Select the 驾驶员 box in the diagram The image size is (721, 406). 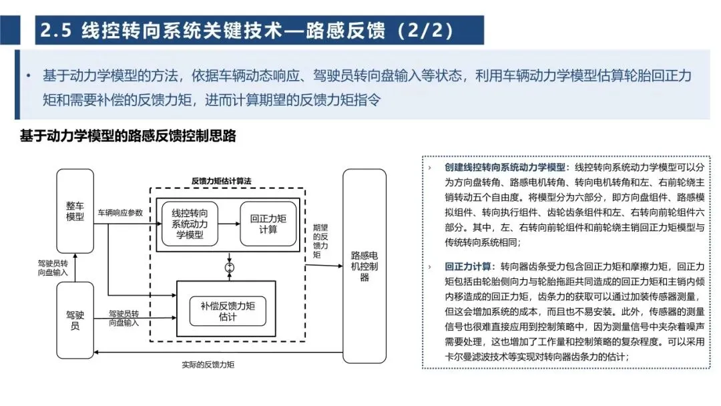pyautogui.click(x=75, y=320)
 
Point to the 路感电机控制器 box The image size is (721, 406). pyautogui.click(x=365, y=266)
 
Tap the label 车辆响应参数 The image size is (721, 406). pyautogui.click(x=120, y=213)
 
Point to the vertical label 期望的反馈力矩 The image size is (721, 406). pyautogui.click(x=317, y=240)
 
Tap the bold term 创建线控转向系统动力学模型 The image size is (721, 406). pyautogui.click(x=505, y=167)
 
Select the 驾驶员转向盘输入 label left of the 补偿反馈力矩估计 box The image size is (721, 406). pyautogui.click(x=124, y=317)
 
